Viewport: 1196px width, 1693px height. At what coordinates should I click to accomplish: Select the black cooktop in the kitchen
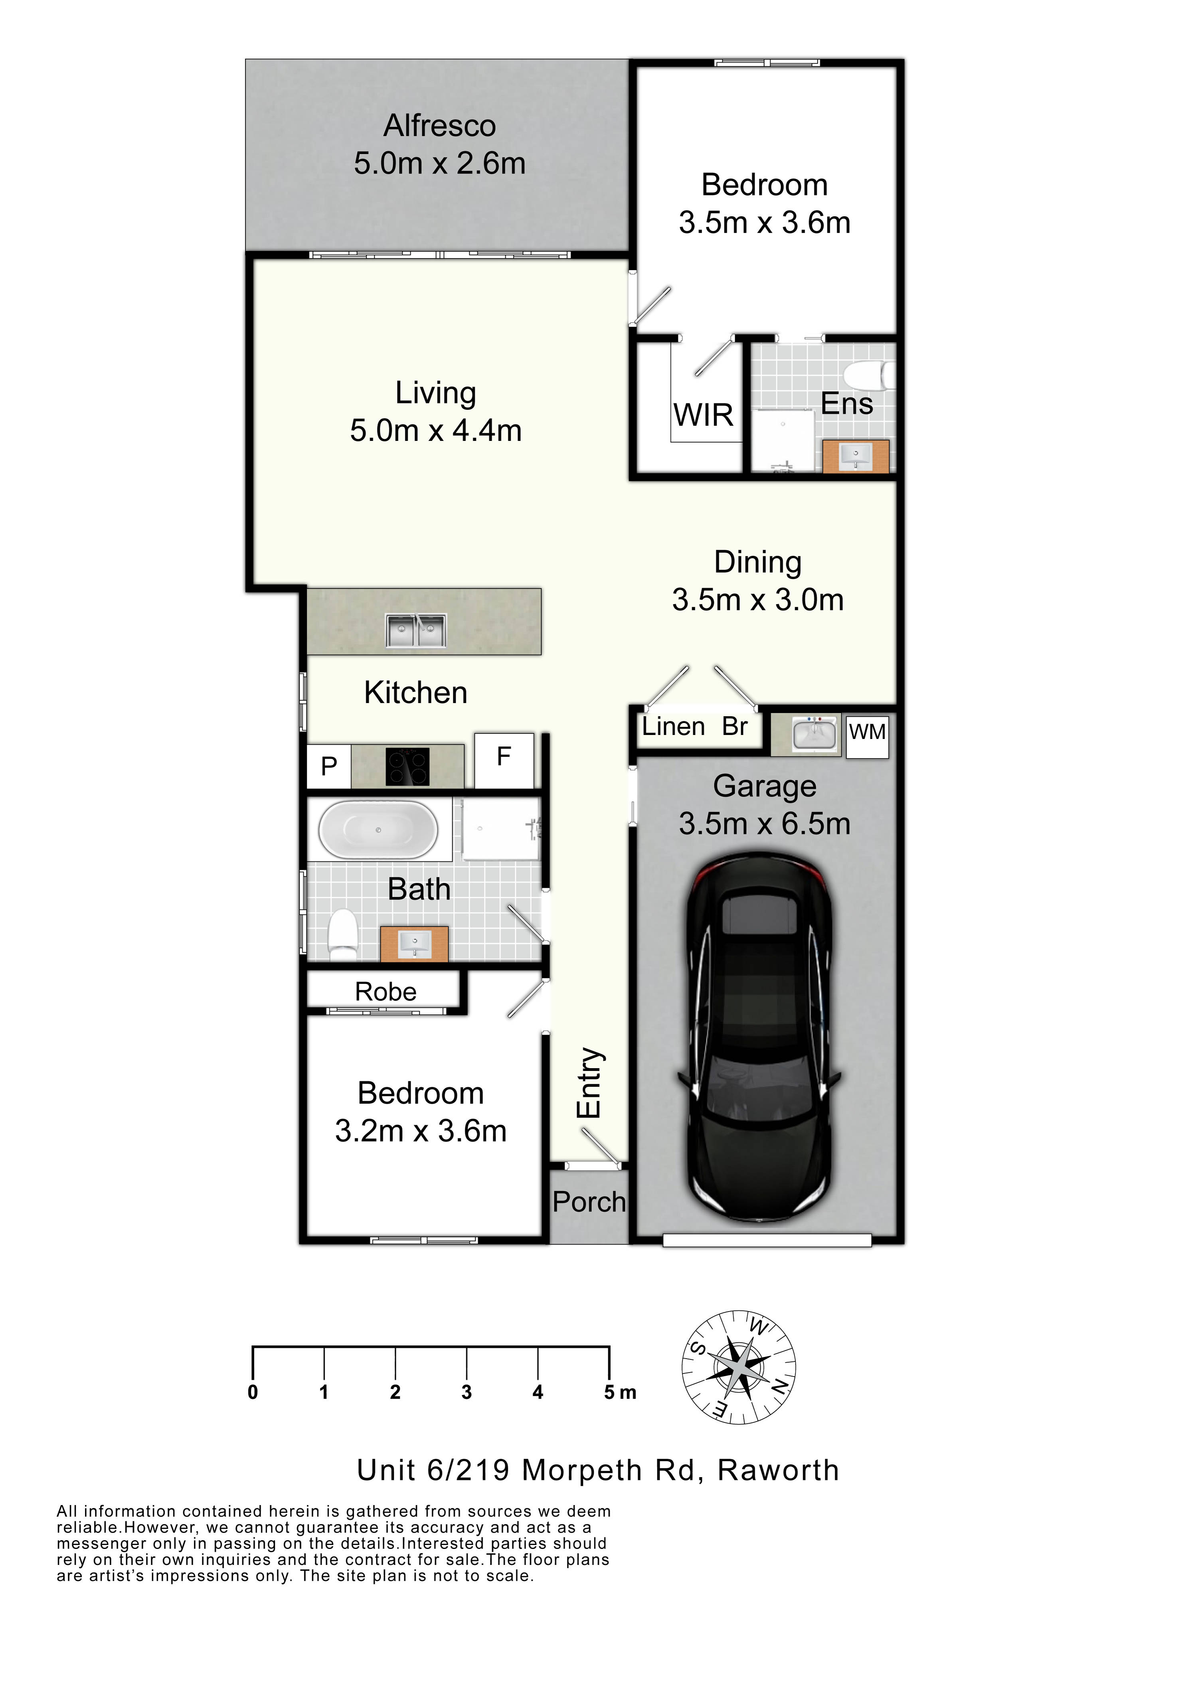[407, 767]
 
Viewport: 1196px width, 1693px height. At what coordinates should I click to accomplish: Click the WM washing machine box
[867, 736]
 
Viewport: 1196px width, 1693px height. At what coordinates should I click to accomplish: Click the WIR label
[704, 415]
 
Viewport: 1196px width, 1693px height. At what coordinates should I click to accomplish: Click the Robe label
[385, 992]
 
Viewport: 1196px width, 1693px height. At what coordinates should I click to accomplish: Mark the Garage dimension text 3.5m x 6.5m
[765, 824]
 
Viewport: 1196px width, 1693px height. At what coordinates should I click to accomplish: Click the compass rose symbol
[738, 1368]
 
